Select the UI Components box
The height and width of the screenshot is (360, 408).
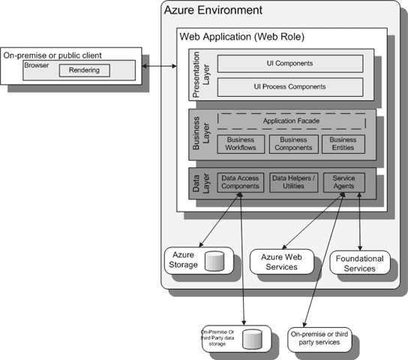[289, 64]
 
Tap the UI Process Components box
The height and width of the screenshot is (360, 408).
[289, 86]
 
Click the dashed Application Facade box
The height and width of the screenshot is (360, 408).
[291, 121]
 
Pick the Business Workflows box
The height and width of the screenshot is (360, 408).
[241, 144]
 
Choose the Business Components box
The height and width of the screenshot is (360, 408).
[293, 144]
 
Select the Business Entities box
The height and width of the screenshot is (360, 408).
[343, 144]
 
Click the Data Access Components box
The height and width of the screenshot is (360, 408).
[241, 182]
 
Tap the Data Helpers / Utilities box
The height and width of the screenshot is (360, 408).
[293, 182]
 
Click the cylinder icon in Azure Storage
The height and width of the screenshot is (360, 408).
[215, 261]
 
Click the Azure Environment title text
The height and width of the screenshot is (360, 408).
[213, 10]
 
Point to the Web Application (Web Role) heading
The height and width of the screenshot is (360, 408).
[241, 36]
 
